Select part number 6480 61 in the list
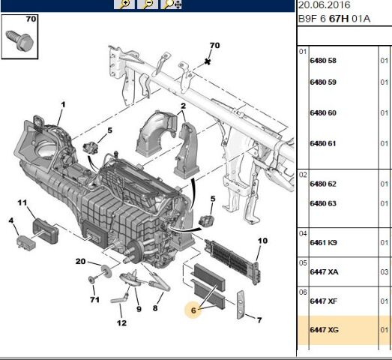tap(323, 143)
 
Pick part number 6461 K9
tap(323, 243)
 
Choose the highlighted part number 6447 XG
tap(323, 329)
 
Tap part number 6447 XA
tap(323, 271)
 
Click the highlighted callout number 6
tap(193, 310)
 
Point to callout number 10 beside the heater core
tap(262, 241)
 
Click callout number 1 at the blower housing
tap(63, 104)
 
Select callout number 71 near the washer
tap(94, 299)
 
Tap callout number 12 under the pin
tap(121, 323)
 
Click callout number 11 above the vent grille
tap(22, 202)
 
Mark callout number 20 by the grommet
tap(80, 261)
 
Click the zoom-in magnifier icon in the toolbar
tap(124, 4)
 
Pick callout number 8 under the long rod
tap(155, 307)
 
